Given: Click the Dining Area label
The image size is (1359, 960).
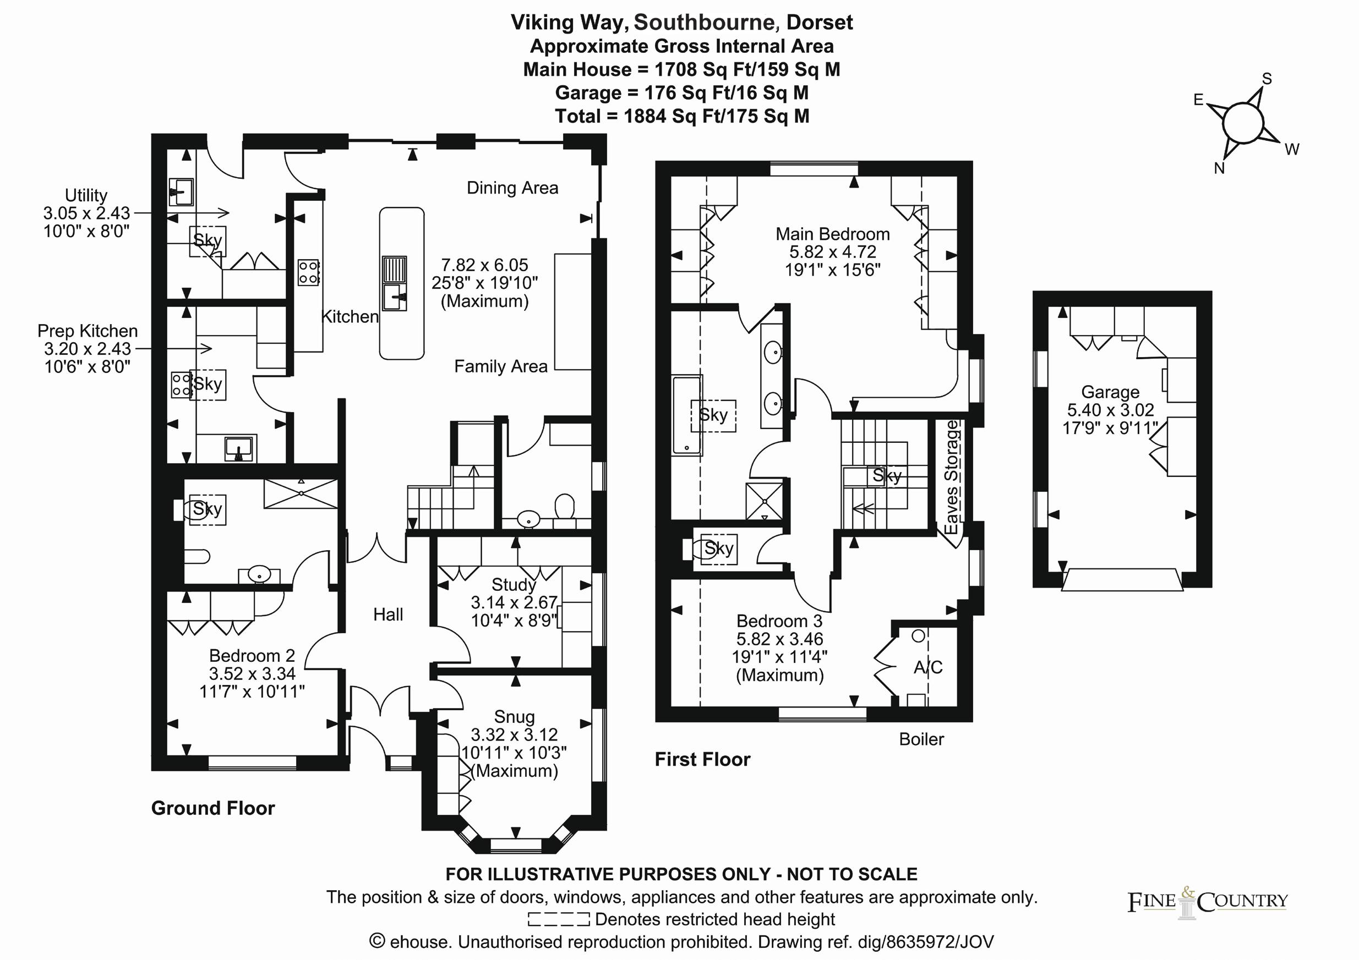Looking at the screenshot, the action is pos(512,188).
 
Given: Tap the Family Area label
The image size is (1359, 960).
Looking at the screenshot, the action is pos(500,367).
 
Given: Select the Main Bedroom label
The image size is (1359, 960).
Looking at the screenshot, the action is pos(832,234).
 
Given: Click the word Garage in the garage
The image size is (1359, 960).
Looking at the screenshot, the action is pos(1110,392).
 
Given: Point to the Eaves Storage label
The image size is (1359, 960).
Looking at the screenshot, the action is pos(951,477).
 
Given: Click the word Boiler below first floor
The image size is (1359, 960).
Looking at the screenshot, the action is pos(921,739).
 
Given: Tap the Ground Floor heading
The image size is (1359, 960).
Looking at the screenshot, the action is pos(213,808).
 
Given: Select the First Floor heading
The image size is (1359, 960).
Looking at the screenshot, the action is pos(702,760).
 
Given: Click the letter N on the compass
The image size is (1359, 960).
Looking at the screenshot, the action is pos(1219,168).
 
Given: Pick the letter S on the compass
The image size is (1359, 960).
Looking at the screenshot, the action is pos(1267,79).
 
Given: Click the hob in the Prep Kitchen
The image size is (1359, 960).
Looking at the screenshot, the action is pos(181,384).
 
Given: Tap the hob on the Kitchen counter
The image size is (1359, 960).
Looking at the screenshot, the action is pos(308,273).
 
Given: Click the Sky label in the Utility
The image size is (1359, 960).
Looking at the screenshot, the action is pos(207,240).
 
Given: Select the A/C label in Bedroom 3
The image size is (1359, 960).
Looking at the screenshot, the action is pos(927,667).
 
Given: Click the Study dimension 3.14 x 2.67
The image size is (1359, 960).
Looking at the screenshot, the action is pos(514,603).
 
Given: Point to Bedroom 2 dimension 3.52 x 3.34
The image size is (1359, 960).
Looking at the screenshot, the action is pos(252,674).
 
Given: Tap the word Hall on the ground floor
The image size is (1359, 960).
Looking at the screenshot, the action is pos(387,615).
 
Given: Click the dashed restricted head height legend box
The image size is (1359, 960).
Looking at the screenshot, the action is pos(558,919).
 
